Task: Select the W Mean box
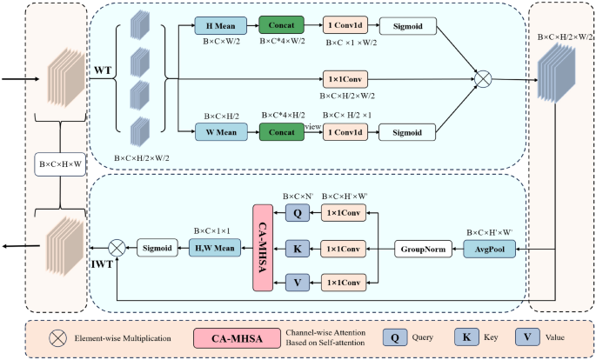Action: click(x=223, y=132)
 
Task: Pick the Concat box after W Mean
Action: click(x=283, y=132)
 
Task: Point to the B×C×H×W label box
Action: click(x=61, y=163)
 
